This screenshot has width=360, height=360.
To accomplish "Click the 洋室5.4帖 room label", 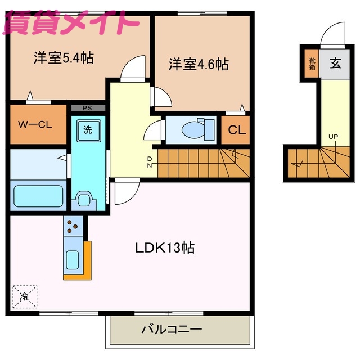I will [63, 58].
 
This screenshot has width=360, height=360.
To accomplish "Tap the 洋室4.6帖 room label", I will [199, 64].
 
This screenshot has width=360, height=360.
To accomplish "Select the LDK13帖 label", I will [164, 247].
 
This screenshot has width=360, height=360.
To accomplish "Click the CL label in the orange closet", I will [236, 130].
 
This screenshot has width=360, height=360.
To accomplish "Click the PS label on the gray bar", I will [87, 108].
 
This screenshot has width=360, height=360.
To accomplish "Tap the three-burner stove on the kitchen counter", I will [73, 226].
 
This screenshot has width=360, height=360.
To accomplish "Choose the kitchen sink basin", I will [73, 260].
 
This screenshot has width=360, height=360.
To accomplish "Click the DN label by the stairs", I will [150, 162].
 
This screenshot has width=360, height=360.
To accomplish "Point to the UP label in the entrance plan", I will [332, 137].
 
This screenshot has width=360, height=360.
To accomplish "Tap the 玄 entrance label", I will [335, 63].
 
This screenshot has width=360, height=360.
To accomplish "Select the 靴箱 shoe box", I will [312, 63].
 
